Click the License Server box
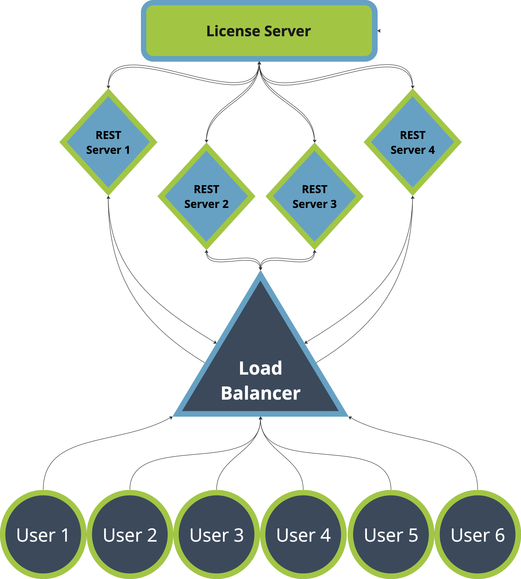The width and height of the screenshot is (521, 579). click(259, 31)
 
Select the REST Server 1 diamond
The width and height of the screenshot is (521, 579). click(108, 142)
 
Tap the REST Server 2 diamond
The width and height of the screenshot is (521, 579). click(207, 196)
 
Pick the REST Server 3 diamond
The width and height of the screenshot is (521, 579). click(314, 196)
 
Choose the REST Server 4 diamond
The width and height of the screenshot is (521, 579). click(413, 142)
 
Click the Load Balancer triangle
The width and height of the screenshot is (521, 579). click(260, 372)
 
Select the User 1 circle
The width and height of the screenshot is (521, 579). click(43, 535)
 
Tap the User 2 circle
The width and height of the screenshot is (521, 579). click(130, 535)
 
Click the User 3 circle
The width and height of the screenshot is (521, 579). click(217, 535)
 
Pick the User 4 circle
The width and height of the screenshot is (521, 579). click(303, 535)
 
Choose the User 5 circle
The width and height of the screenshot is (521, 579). click(391, 535)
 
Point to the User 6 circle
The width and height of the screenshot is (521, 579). click(478, 535)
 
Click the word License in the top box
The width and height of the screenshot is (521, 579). click(233, 31)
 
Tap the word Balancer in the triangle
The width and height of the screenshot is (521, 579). click(260, 393)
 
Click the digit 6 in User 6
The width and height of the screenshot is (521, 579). click(500, 535)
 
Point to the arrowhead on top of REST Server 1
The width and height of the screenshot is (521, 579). click(108, 87)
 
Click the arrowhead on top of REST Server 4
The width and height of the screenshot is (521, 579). click(413, 87)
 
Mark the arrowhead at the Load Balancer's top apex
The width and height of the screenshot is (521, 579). click(260, 268)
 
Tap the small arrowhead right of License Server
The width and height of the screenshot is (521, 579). click(379, 31)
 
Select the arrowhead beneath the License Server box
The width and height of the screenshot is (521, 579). click(259, 63)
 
